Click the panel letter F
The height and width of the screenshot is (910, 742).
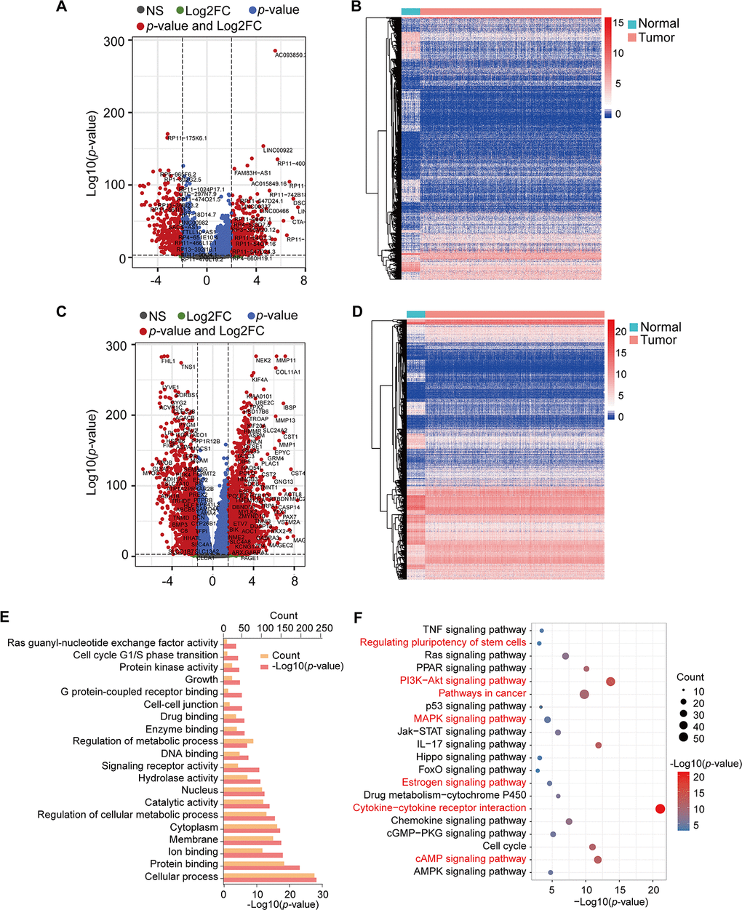pos(357,618)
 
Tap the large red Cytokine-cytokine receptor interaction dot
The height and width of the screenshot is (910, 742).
pos(661,809)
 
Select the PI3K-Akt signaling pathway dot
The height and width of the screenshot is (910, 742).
pos(610,682)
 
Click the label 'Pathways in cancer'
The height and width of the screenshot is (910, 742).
pos(482,693)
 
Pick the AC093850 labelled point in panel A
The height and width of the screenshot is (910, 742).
pos(275,51)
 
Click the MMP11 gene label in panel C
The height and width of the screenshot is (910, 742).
pos(286,361)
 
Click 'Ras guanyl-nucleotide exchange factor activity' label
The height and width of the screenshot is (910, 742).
pos(113,643)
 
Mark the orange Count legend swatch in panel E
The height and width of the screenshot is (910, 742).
pos(265,655)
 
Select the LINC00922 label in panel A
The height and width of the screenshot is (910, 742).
pos(278,151)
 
